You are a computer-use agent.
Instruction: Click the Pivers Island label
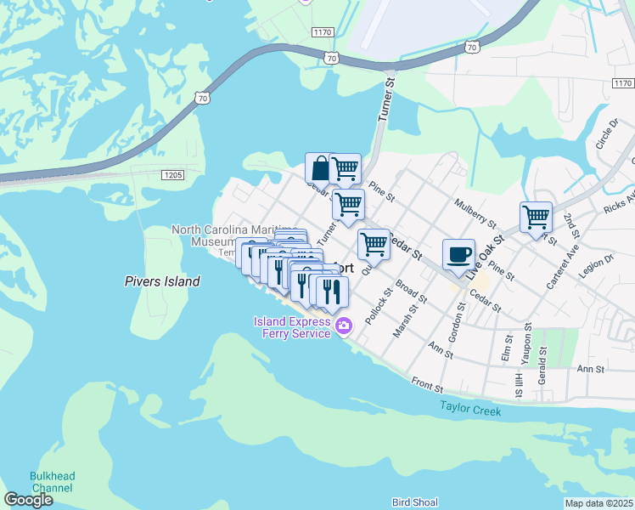coord(162,281)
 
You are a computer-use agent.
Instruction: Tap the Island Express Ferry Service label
coord(290,327)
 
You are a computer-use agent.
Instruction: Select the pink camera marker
coord(344,326)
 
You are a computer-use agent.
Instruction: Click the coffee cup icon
coord(458,253)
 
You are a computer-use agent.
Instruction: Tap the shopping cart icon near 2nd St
coord(536,217)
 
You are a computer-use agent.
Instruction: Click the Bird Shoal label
coord(414,502)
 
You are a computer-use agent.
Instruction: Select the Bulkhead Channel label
coord(52,482)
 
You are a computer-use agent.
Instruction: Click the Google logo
coord(28,499)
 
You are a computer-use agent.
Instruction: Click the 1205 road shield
coord(172,173)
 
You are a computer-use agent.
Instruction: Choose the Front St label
coord(427,387)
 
